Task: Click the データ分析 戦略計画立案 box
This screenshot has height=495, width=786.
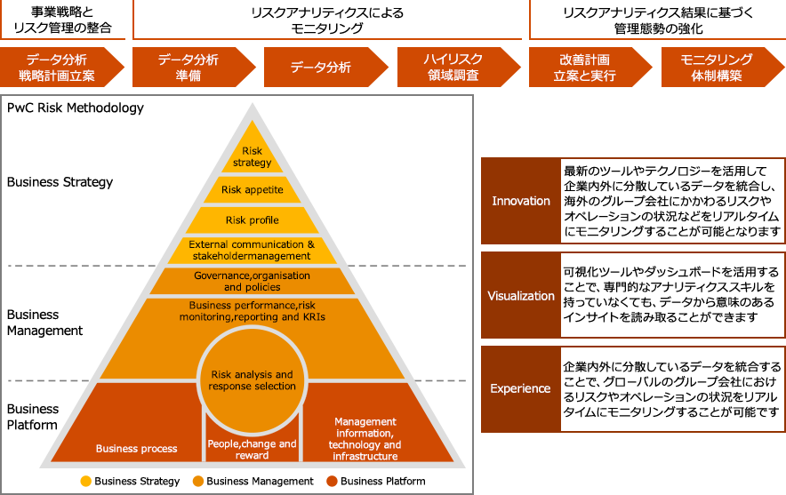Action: pos(61,68)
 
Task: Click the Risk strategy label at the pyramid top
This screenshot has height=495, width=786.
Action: pos(252,157)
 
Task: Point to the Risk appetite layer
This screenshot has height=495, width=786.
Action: pos(252,190)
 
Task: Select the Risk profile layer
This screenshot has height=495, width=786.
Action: pos(252,220)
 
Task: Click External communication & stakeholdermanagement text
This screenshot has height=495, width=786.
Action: pos(252,250)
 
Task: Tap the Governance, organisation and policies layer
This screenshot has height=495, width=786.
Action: pos(252,281)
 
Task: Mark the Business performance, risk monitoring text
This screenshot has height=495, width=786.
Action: pos(252,310)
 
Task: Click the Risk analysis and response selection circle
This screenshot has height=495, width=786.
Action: pos(252,380)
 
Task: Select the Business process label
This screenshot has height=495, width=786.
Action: pos(136,449)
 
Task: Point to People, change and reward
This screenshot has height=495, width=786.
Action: pos(252,449)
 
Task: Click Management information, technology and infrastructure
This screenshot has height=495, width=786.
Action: pos(365,439)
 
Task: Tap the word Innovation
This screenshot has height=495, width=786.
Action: pos(521,201)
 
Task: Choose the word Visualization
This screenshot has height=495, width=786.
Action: pos(521,296)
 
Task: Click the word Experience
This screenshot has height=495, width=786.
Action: pos(521,388)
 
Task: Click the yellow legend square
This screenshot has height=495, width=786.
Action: pos(85,482)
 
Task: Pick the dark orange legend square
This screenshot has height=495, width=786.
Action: pos(332,482)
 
